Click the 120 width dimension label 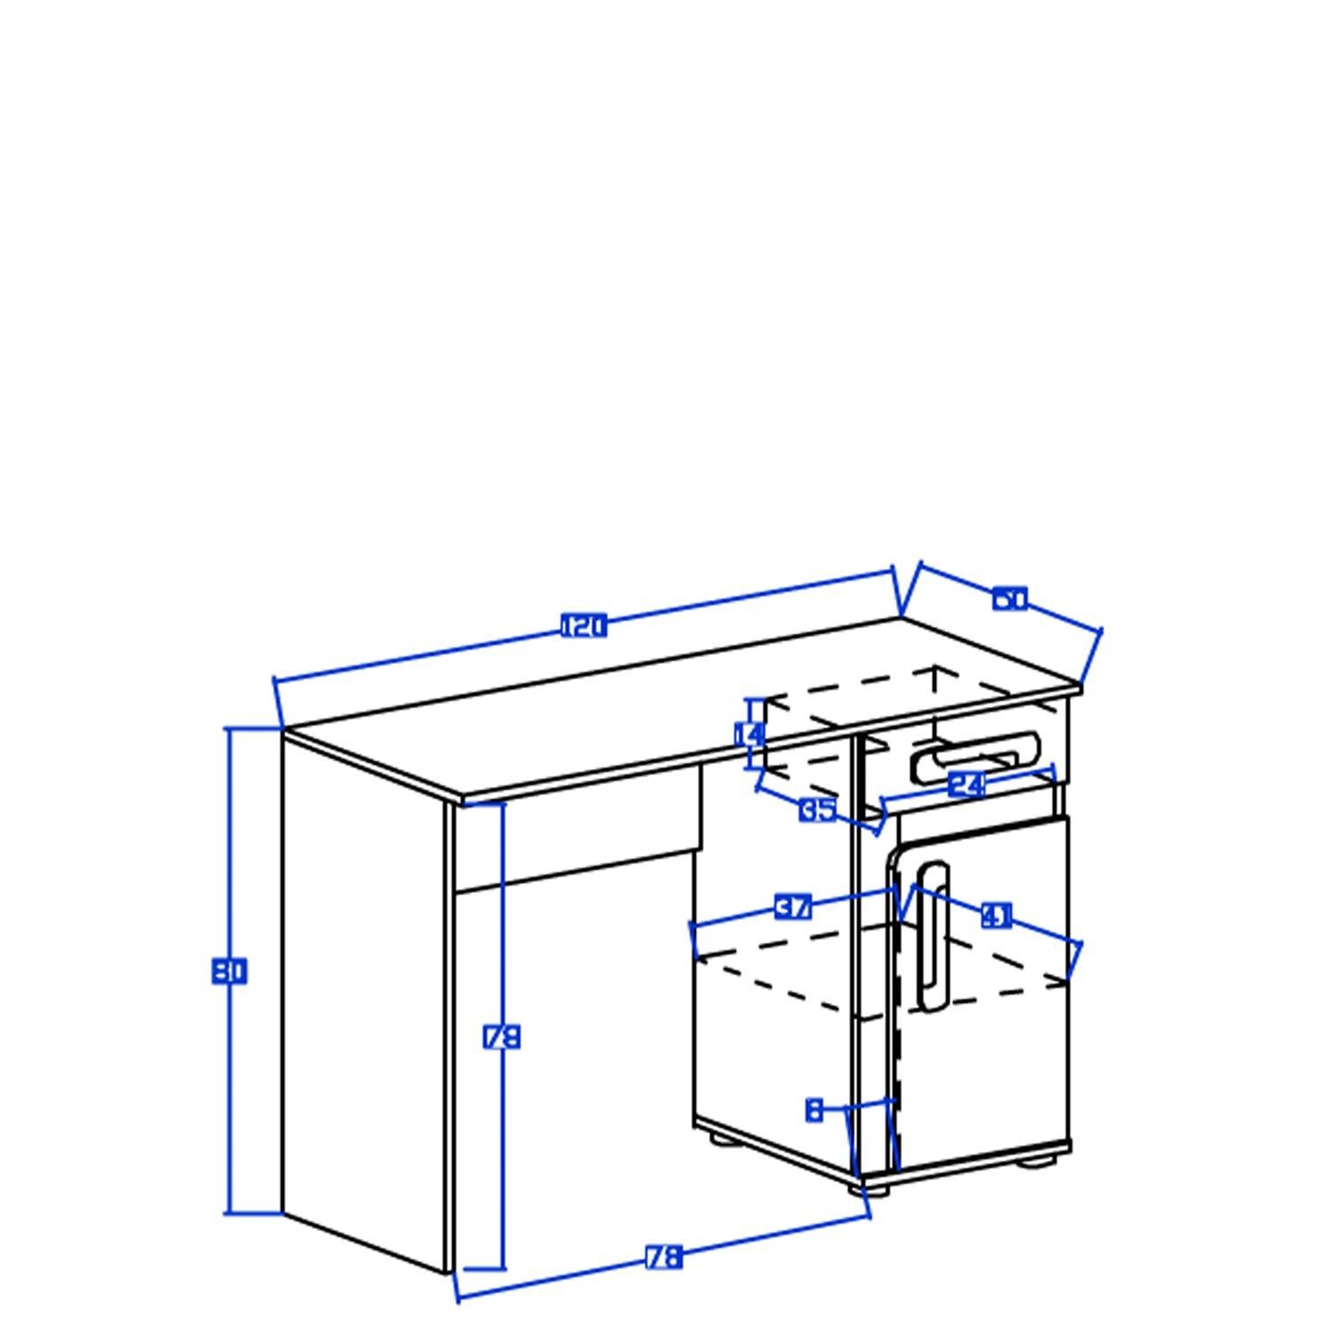point(584,627)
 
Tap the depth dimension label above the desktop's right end point(1010,599)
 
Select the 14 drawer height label point(749,734)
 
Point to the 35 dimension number point(817,810)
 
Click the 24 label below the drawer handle point(967,785)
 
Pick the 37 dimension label point(794,908)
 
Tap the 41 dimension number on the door point(997,915)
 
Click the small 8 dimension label point(813,1110)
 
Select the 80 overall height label point(229,970)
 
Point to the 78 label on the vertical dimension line point(501,1038)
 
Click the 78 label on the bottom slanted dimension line point(663,1257)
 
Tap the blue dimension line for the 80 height point(231,845)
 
